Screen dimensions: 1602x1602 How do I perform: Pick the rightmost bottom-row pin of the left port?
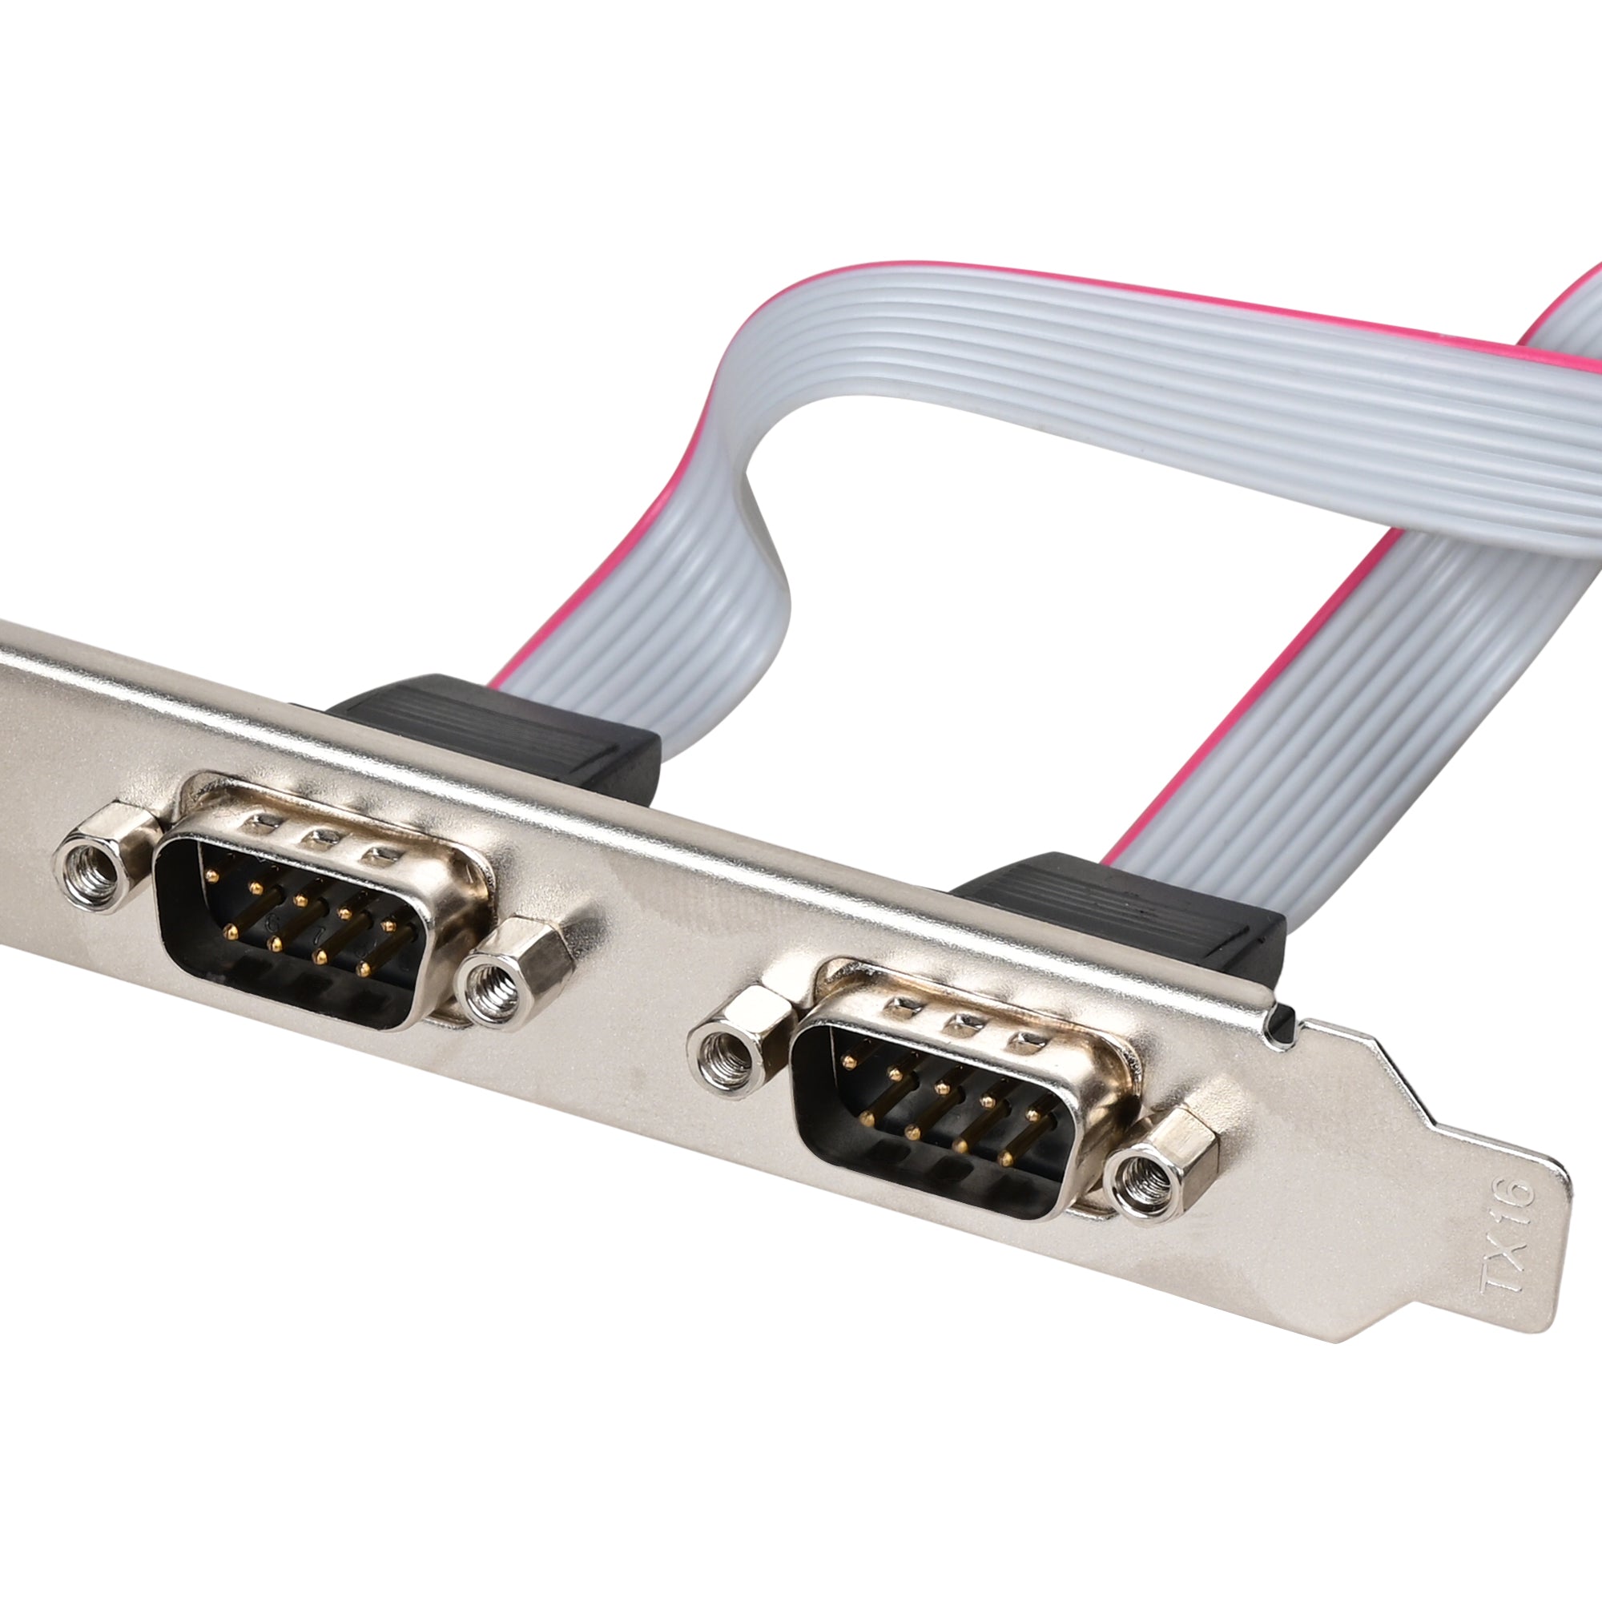pos(361,968)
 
